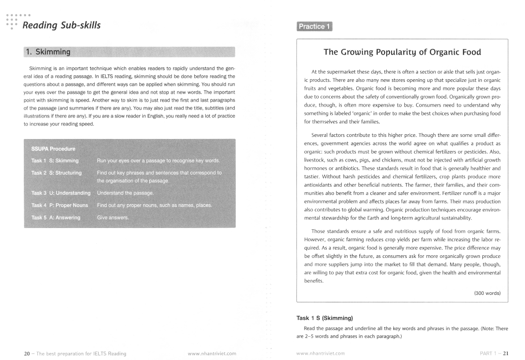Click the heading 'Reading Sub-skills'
coord(61,26)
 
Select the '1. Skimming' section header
coord(48,52)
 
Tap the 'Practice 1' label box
coord(314,26)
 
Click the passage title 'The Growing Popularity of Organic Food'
coord(402,52)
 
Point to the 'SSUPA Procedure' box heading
coord(53,149)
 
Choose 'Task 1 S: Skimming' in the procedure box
coord(55,161)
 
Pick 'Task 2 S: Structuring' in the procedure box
coord(56,173)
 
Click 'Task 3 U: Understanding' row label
coord(61,193)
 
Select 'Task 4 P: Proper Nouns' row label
coord(59,205)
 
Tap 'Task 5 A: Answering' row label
coord(56,217)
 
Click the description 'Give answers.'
coord(112,217)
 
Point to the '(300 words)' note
coord(487,293)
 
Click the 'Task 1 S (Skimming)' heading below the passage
coord(325,318)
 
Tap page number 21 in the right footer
coord(506,353)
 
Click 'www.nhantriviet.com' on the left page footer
coord(212,353)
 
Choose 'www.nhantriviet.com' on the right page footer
coord(321,353)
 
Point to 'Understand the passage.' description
coord(125,193)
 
